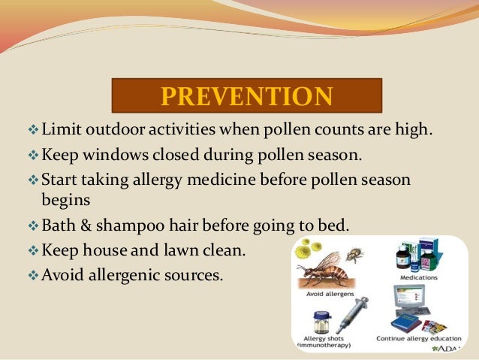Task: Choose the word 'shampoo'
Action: coord(132,225)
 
